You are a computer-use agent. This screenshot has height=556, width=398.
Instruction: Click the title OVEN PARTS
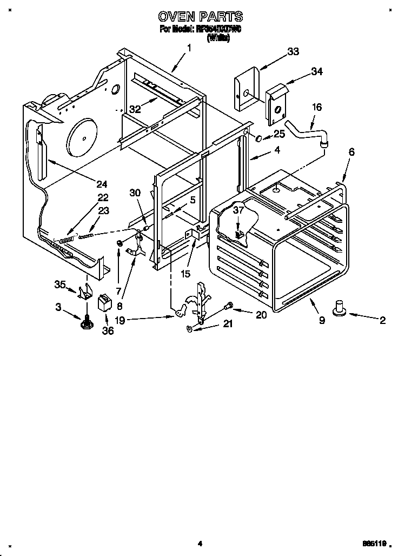point(200,17)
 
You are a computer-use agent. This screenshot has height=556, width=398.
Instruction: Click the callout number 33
point(293,51)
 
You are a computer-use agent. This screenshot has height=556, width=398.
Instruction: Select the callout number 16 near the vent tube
point(316,107)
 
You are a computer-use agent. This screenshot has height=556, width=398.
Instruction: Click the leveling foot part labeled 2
point(341,309)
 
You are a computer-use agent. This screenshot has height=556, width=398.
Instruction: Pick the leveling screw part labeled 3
point(85,323)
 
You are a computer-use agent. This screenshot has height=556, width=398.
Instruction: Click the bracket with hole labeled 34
point(277,105)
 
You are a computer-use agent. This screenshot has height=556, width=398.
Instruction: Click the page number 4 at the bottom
point(200,544)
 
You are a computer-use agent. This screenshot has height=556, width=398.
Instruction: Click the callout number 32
point(135,109)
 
